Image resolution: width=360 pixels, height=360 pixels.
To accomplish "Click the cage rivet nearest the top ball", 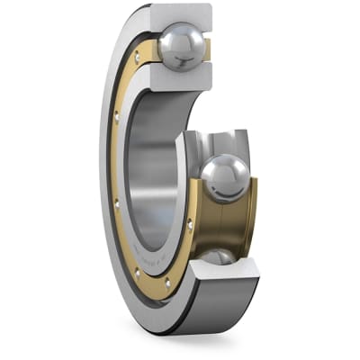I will click(137, 57).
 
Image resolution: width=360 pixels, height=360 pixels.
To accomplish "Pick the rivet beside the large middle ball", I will click(189, 222).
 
